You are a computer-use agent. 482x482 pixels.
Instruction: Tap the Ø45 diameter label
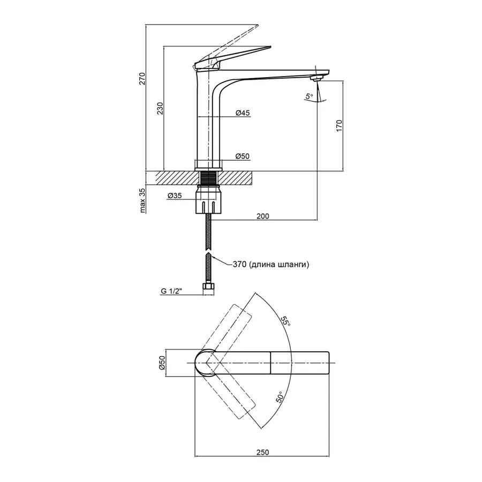point(243,113)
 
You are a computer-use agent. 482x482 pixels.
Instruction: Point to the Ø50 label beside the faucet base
point(243,156)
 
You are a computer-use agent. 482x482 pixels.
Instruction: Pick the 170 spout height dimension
point(339,125)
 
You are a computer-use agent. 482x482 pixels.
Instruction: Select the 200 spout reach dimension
point(262,216)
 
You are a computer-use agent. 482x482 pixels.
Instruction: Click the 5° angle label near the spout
point(309,97)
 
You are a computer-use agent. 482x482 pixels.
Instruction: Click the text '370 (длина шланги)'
point(271,264)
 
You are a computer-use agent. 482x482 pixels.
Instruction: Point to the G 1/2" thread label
point(172,291)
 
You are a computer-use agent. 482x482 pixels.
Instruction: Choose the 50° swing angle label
point(280,398)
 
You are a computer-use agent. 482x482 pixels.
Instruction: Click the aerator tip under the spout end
point(317,79)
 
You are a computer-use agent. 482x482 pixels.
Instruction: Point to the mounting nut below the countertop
point(209,199)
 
